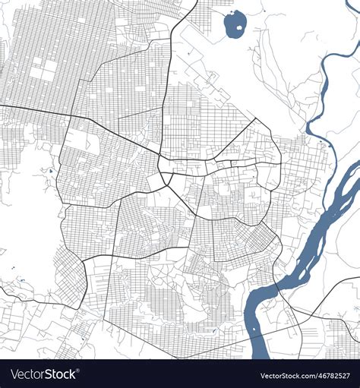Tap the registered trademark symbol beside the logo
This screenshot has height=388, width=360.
[x=79, y=371]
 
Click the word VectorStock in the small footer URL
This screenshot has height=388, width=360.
[x=276, y=376]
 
